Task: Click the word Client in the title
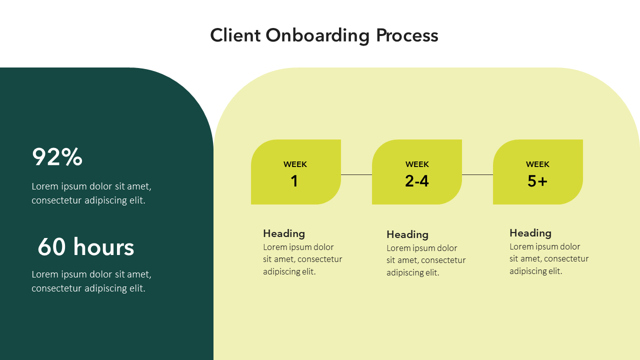coord(235,36)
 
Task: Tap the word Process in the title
coord(407,36)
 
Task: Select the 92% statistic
coord(57,157)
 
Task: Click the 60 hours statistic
coord(86,247)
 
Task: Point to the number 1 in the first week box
coord(294,181)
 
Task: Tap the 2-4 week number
coord(417,181)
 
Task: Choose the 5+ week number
coord(537,181)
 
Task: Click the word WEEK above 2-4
coord(417,164)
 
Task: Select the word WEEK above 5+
coord(537,164)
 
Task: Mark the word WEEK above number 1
coord(295,164)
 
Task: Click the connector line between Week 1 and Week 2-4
coord(356,174)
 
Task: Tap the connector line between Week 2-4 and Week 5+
coord(477,174)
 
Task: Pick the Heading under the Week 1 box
coord(284,233)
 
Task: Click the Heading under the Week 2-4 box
coord(407,234)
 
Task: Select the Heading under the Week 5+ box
coord(530,233)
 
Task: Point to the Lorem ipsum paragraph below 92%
coord(91,193)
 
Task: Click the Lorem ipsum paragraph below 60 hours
coord(91,281)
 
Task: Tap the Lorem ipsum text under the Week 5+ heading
coord(548,259)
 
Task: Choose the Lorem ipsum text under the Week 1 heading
coord(302,259)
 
